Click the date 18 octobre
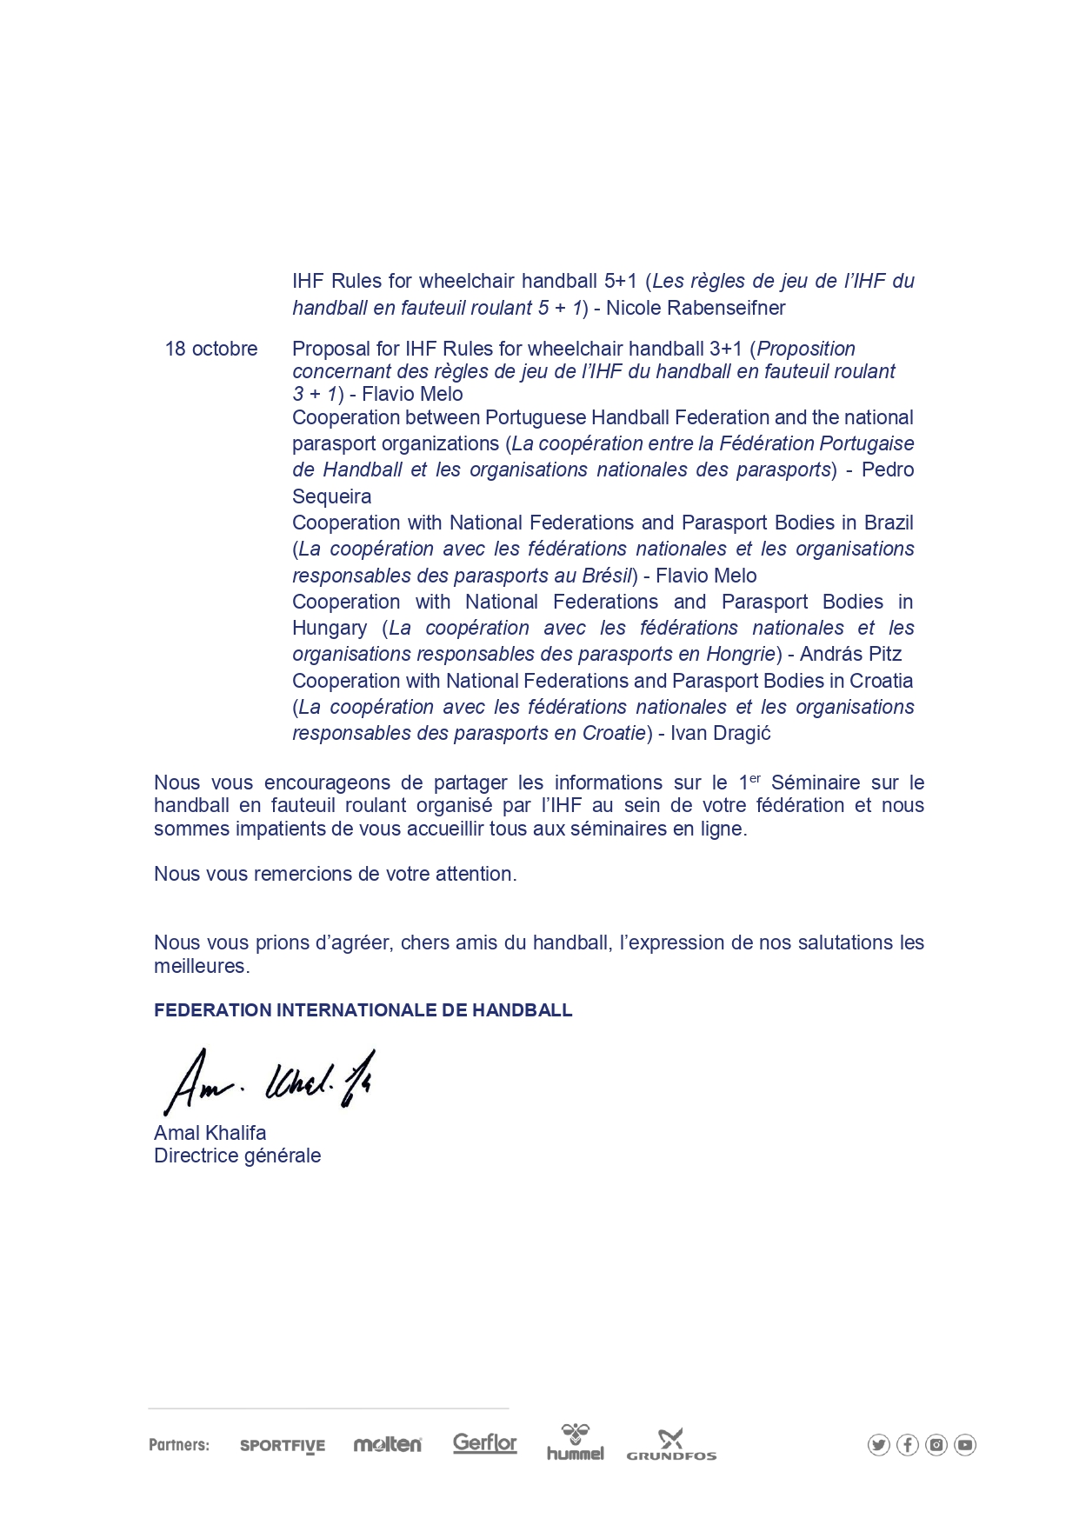pyautogui.click(x=211, y=350)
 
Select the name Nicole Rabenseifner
pyautogui.click(x=696, y=309)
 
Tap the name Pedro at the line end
pyautogui.click(x=887, y=470)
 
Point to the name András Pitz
pyautogui.click(x=850, y=655)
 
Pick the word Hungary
pyautogui.click(x=330, y=629)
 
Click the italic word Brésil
pyautogui.click(x=606, y=576)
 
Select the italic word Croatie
pyautogui.click(x=614, y=734)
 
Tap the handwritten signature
pyautogui.click(x=270, y=1082)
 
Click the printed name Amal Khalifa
pyautogui.click(x=210, y=1133)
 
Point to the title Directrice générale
pyautogui.click(x=237, y=1156)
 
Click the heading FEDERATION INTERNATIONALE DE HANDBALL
pyautogui.click(x=363, y=1010)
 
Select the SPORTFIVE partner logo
pyautogui.click(x=283, y=1446)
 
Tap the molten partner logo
pyautogui.click(x=388, y=1445)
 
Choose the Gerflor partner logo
pyautogui.click(x=485, y=1443)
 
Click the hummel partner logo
pyautogui.click(x=576, y=1443)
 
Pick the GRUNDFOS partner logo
pyautogui.click(x=671, y=1445)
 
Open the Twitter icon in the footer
pyautogui.click(x=879, y=1445)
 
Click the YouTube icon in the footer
pyautogui.click(x=965, y=1445)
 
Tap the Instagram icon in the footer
pyautogui.click(x=936, y=1445)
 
